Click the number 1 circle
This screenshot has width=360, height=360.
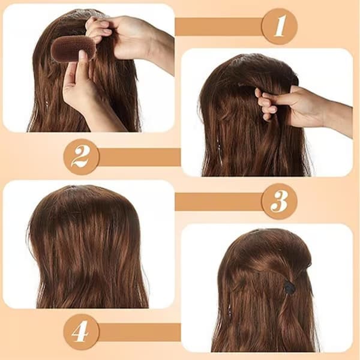[280, 26]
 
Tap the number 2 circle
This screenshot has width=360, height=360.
[82, 157]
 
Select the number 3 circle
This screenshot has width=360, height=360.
[280, 202]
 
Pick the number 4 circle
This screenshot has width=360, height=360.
[82, 332]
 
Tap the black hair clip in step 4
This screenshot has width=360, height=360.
[289, 288]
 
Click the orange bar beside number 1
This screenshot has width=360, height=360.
[218, 26]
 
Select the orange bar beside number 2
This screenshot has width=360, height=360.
[140, 157]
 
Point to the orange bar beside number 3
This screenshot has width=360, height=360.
[218, 202]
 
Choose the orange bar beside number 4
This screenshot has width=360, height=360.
[140, 332]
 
